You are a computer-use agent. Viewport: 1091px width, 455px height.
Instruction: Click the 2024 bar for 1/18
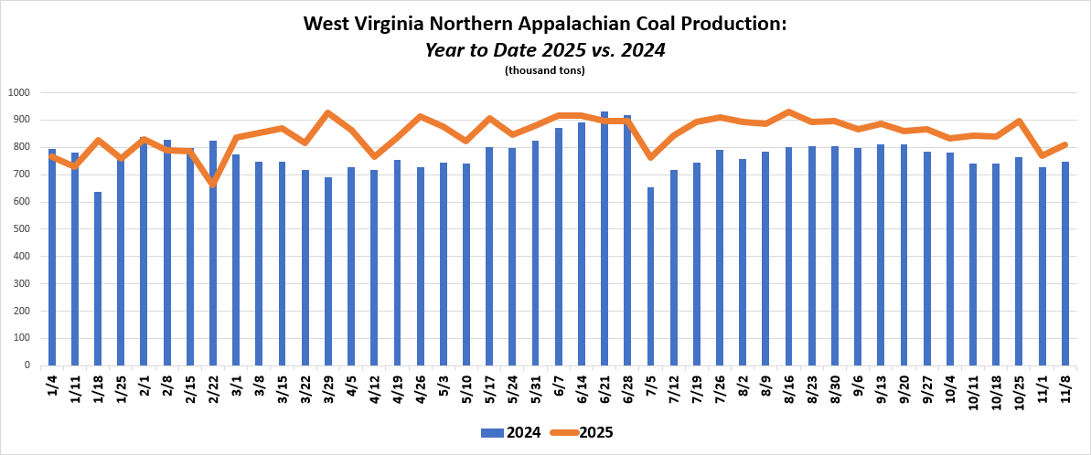(98, 279)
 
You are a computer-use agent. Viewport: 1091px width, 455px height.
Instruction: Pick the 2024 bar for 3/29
(328, 271)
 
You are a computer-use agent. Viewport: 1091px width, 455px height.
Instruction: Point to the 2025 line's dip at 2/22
(213, 185)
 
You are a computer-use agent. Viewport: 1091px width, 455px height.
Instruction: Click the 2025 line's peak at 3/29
(328, 113)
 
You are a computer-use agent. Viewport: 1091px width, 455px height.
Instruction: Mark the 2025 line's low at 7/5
(650, 157)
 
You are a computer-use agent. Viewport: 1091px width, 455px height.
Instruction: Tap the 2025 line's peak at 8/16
(788, 112)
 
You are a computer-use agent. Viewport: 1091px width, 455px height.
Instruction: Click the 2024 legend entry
(508, 432)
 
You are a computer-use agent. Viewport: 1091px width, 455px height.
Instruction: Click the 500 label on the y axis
(22, 229)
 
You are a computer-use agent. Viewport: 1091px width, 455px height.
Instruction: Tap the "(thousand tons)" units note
(545, 70)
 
